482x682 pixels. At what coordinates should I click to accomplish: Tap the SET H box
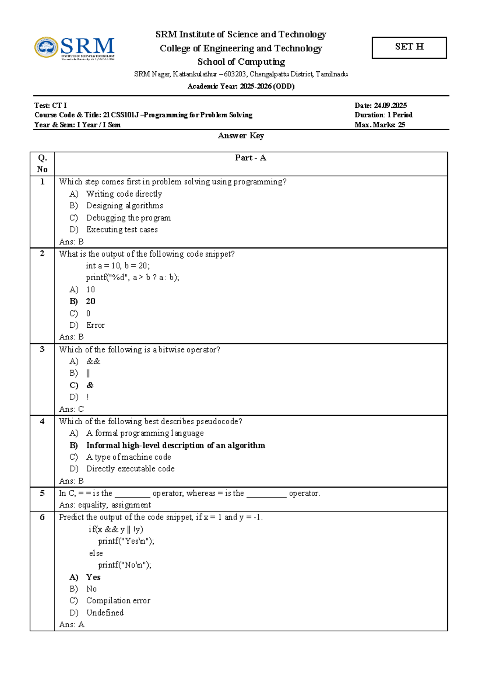409,47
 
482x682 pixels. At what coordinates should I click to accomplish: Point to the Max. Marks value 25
401,125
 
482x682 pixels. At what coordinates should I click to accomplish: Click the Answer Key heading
241,136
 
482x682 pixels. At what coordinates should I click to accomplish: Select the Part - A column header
251,158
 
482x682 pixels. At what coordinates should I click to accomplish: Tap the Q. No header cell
42,163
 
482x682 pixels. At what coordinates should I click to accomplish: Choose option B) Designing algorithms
124,205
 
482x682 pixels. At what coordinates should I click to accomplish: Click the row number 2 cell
42,253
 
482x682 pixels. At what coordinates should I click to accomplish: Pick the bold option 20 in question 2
91,301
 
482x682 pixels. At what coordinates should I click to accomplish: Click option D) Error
95,325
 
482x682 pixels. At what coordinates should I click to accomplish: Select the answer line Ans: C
71,409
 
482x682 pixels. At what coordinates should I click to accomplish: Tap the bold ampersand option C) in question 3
90,385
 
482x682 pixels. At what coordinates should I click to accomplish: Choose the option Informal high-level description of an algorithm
176,445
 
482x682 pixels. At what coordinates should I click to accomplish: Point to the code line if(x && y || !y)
116,529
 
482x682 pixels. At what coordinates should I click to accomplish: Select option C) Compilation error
118,600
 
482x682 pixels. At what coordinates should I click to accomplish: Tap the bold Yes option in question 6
93,577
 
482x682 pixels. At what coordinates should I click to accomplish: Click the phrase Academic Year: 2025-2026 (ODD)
241,86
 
